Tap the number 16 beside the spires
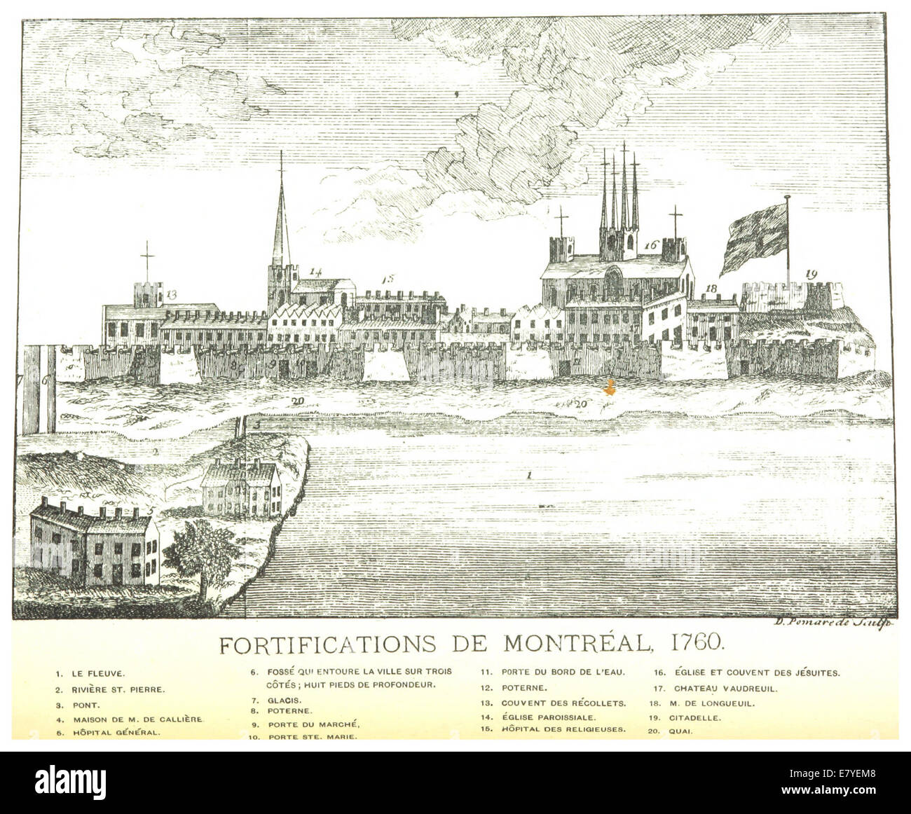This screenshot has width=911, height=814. coord(651,245)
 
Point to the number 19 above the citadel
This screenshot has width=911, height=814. coord(811,274)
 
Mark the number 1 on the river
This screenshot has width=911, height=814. coord(530,476)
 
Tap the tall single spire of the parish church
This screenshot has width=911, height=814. coord(281,224)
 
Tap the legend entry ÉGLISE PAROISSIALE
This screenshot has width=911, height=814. coord(549,718)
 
